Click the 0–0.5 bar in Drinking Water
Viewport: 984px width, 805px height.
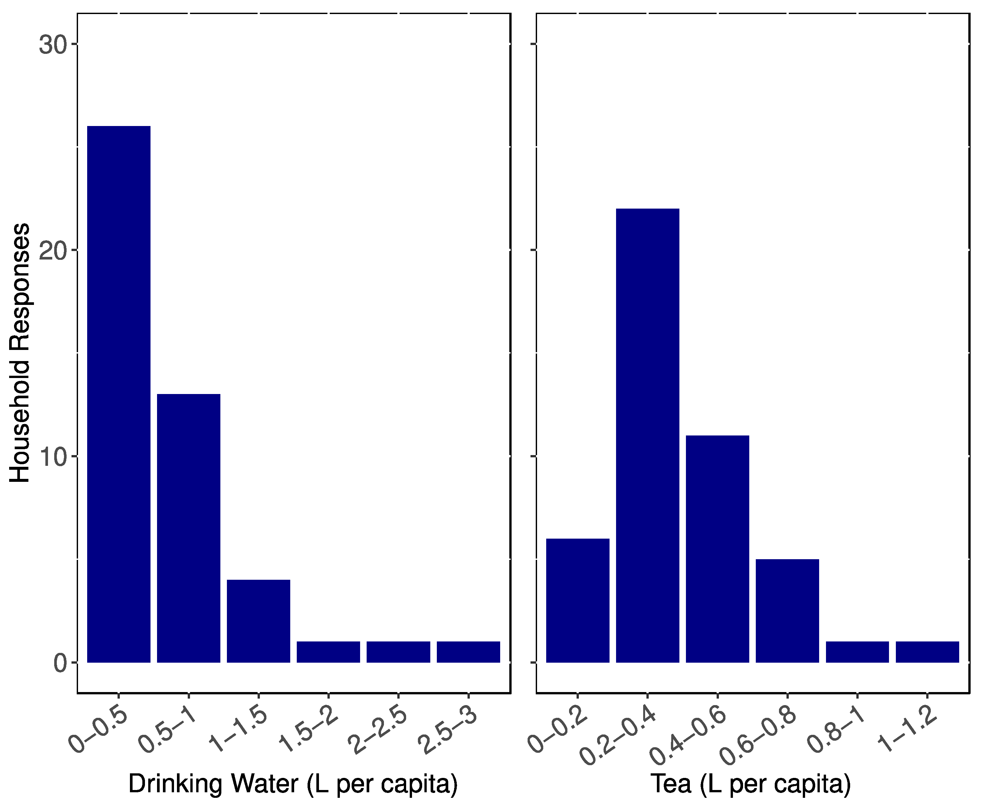tap(119, 394)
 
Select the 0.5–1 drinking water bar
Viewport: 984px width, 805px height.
tap(189, 528)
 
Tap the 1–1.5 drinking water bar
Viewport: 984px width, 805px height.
tap(258, 621)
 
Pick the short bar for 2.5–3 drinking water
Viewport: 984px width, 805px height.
tap(468, 652)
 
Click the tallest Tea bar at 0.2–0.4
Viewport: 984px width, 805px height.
tap(647, 435)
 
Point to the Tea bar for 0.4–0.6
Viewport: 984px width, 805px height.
tap(717, 549)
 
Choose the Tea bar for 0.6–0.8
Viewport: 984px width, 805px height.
tap(787, 611)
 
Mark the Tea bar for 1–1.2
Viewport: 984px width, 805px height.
tap(927, 652)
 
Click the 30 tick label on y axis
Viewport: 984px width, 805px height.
tap(52, 45)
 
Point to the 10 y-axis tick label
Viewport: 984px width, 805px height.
tap(52, 458)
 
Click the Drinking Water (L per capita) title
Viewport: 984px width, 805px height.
tap(293, 784)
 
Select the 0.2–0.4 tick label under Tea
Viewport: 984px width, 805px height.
tap(619, 737)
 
